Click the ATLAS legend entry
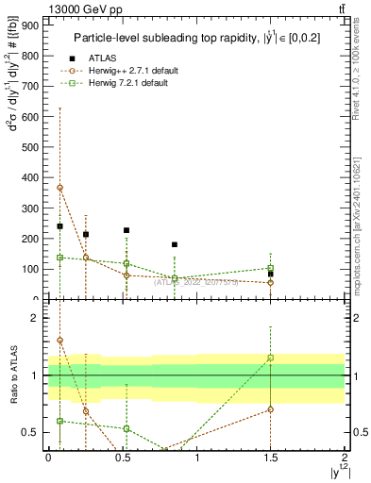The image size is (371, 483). [x=103, y=58]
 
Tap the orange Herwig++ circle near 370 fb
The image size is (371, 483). [x=59, y=187]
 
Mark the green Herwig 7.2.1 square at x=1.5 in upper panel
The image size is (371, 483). [x=270, y=268]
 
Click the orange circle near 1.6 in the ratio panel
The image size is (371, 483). [x=59, y=340]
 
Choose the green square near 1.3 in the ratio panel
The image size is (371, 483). [x=270, y=358]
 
